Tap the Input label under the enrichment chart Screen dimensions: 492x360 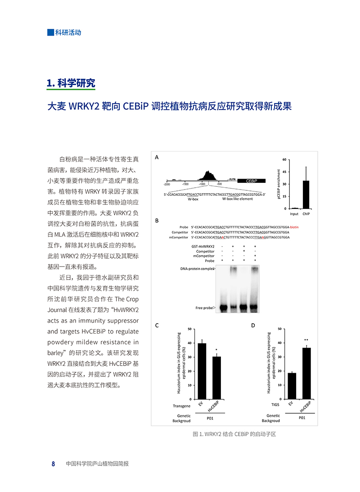pyautogui.click(x=294, y=214)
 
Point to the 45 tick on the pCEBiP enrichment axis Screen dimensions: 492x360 pyautogui.click(x=284, y=172)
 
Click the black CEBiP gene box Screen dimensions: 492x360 pyautogui.click(x=252, y=180)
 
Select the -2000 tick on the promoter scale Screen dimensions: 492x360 pyautogui.click(x=167, y=184)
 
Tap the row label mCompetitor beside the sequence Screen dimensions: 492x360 pyautogui.click(x=178, y=237)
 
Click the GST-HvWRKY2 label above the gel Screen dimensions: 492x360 pyautogui.click(x=203, y=247)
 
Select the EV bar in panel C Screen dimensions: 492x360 pyautogui.click(x=202, y=371)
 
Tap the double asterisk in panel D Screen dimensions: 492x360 pyautogui.click(x=306, y=340)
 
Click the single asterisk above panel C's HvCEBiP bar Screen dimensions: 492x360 pyautogui.click(x=216, y=350)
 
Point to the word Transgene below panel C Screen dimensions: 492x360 pyautogui.click(x=182, y=406)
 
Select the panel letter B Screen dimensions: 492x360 pyautogui.click(x=157, y=221)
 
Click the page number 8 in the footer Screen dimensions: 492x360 pyautogui.click(x=53, y=464)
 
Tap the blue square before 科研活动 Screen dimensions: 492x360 pyautogui.click(x=50, y=32)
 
